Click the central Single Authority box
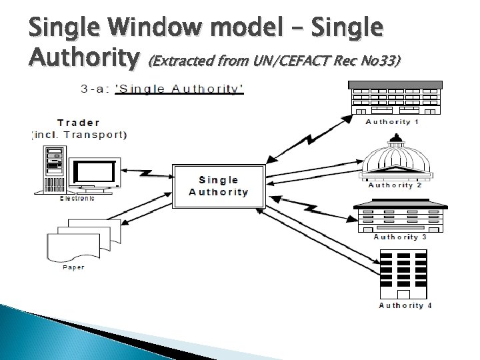click(x=218, y=186)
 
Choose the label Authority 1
click(x=392, y=122)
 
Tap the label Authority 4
click(x=405, y=305)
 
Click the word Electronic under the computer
click(x=77, y=198)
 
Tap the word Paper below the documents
click(x=73, y=267)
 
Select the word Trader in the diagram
click(x=79, y=122)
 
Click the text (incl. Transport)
click(x=79, y=135)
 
